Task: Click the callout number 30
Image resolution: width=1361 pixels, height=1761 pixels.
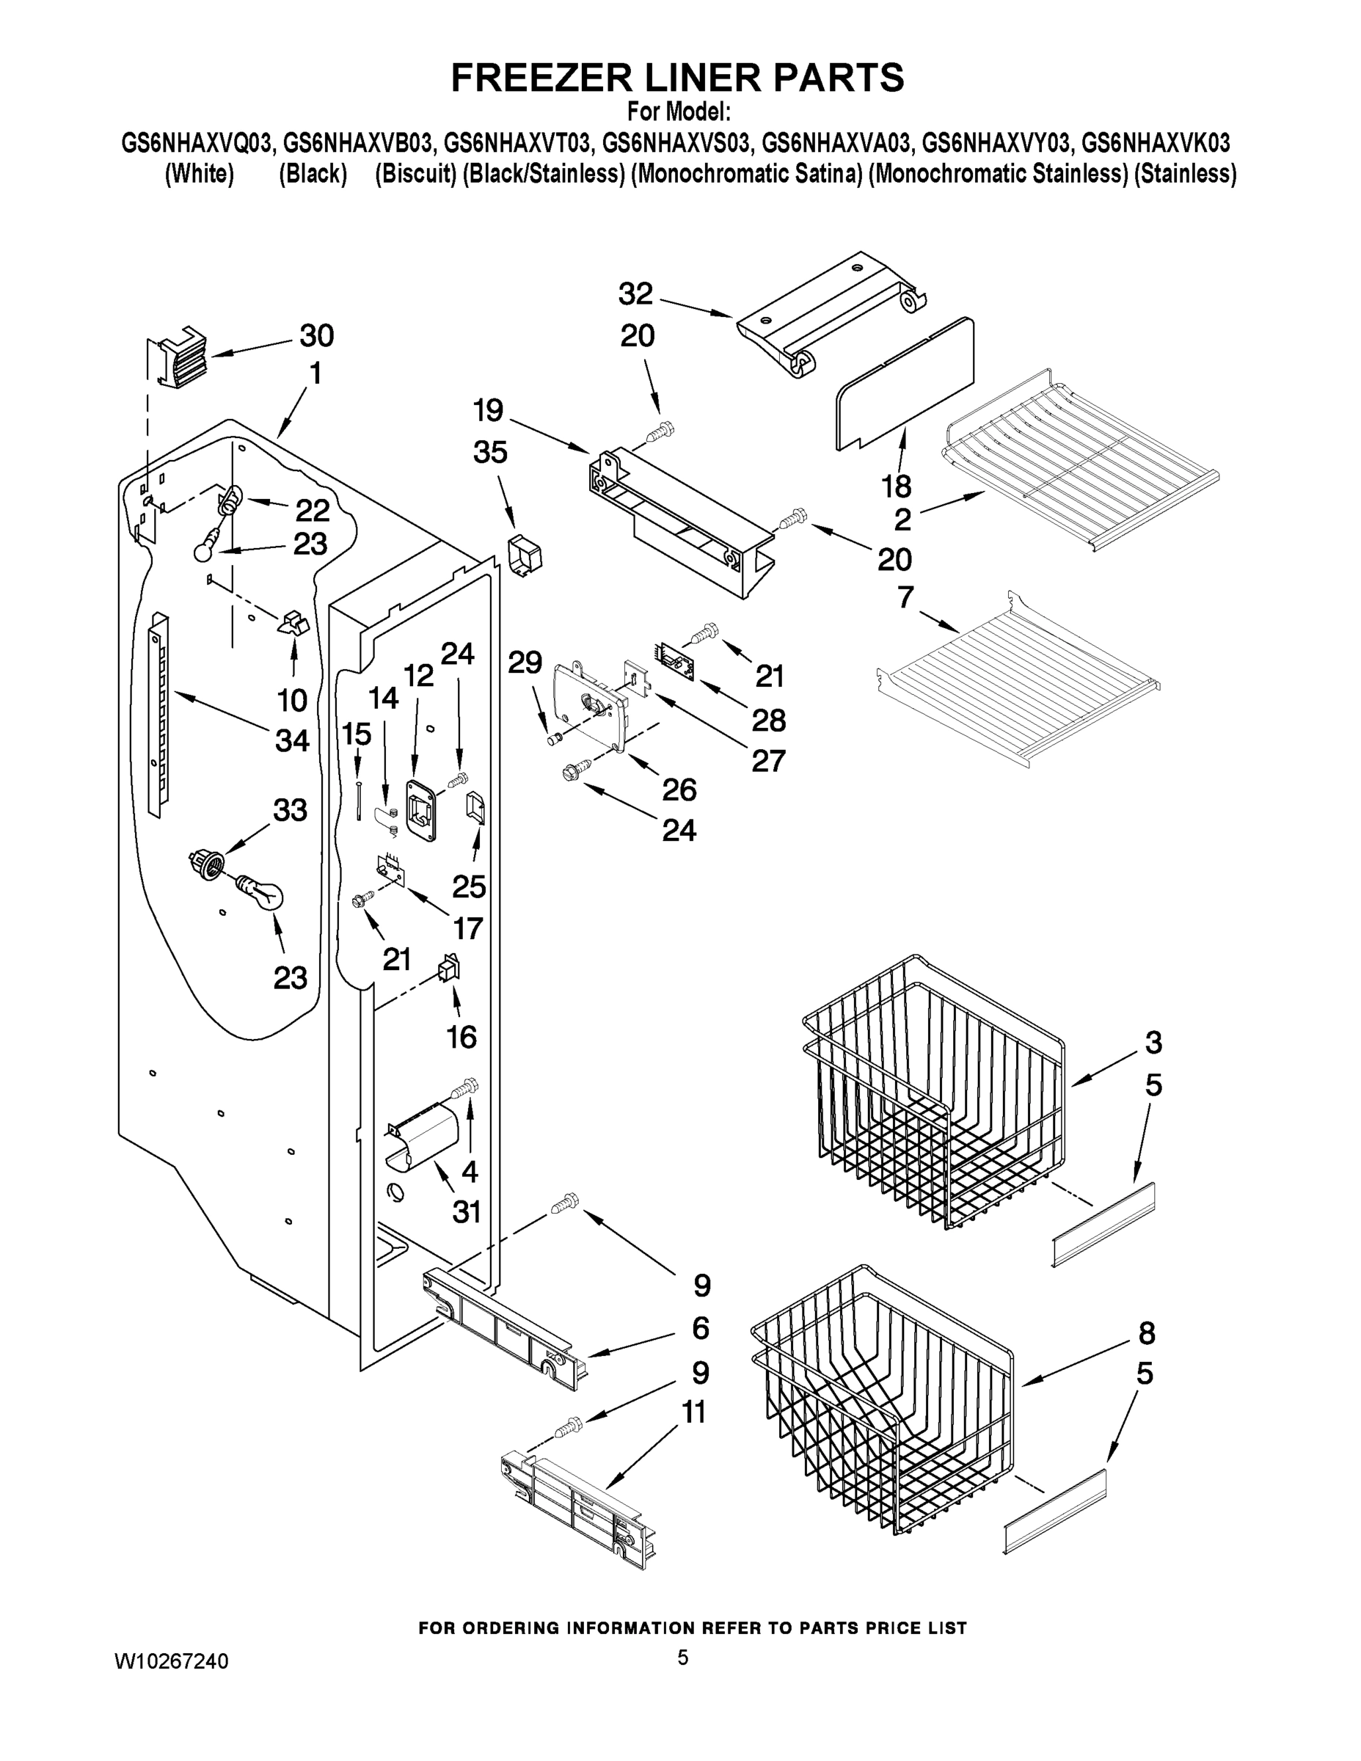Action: tap(316, 335)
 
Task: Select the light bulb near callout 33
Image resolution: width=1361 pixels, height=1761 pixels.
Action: tap(260, 892)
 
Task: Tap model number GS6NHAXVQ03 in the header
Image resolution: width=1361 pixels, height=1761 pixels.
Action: tap(198, 144)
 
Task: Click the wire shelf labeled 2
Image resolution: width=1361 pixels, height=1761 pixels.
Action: tap(1081, 459)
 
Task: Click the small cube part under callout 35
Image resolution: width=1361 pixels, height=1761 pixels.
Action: tap(524, 555)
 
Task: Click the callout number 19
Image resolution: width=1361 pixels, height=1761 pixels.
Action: tap(488, 410)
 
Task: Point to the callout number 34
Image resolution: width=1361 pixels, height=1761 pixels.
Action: tap(292, 740)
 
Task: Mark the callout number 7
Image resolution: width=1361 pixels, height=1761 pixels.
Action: tap(905, 597)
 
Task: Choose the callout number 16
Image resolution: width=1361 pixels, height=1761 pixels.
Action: tap(461, 1036)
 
